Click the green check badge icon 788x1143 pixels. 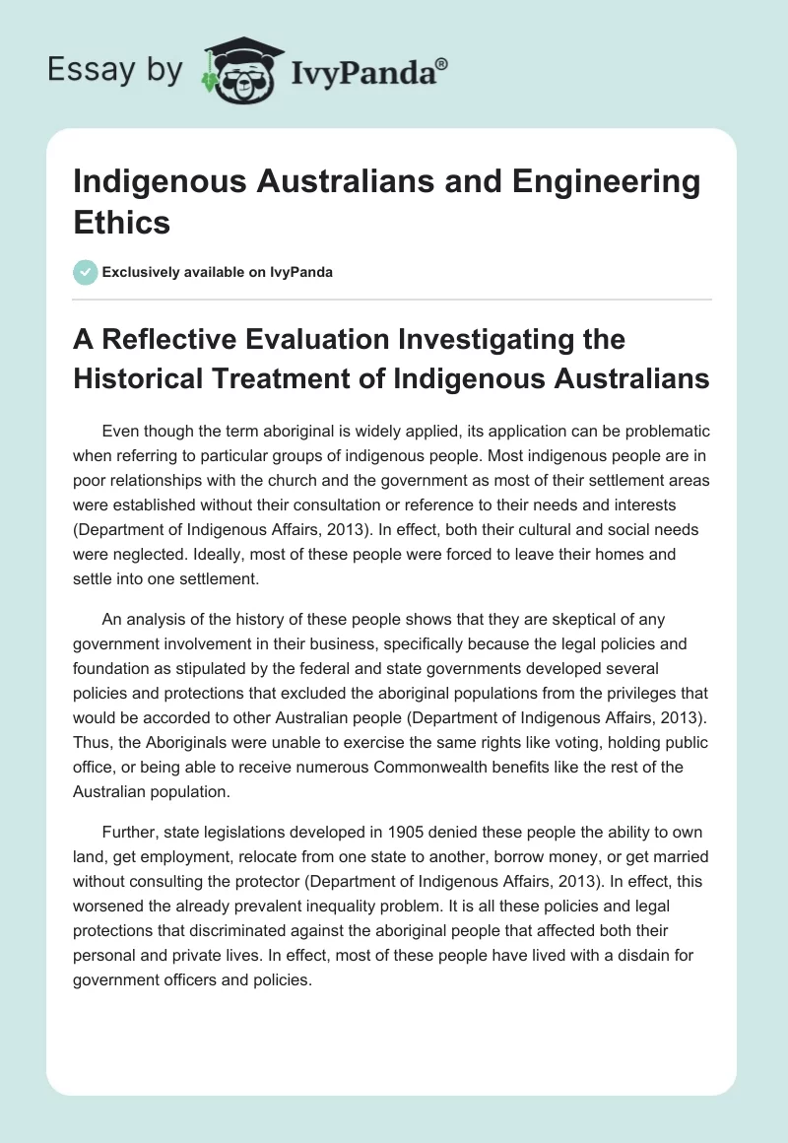[85, 272]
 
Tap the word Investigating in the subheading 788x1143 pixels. [479, 340]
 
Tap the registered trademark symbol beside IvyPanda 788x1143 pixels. [442, 63]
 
